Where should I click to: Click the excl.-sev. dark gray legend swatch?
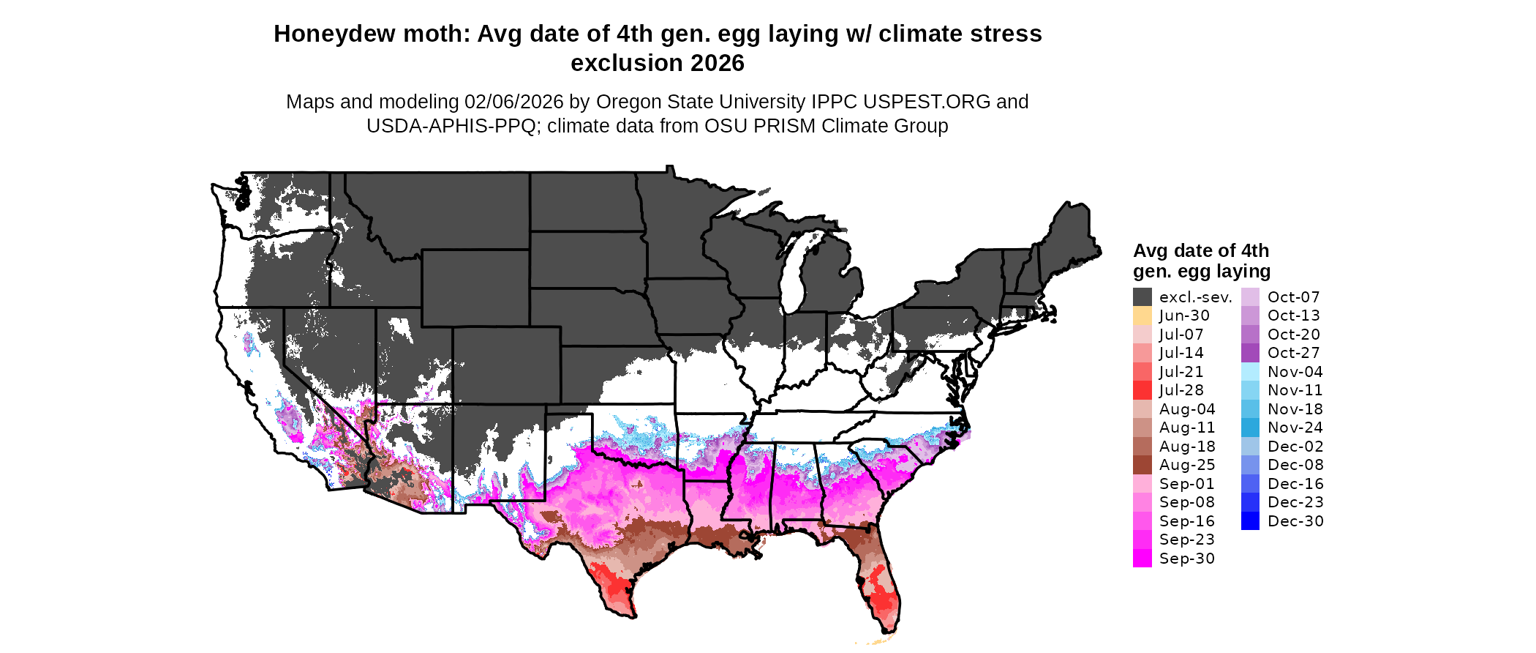click(1142, 297)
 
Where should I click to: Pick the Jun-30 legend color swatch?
click(1142, 316)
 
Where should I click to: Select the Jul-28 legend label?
click(1181, 390)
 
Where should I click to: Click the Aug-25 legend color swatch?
click(1142, 465)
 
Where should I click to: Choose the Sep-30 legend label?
click(1186, 559)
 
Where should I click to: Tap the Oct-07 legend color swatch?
click(1251, 297)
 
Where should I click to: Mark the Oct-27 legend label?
click(1293, 353)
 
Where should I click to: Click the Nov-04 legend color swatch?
click(1251, 372)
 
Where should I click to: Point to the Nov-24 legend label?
click(1295, 428)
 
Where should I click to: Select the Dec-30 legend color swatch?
click(1251, 521)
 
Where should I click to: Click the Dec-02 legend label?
click(1295, 447)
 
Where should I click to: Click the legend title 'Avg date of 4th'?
click(1200, 250)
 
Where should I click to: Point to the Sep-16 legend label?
click(1186, 521)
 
